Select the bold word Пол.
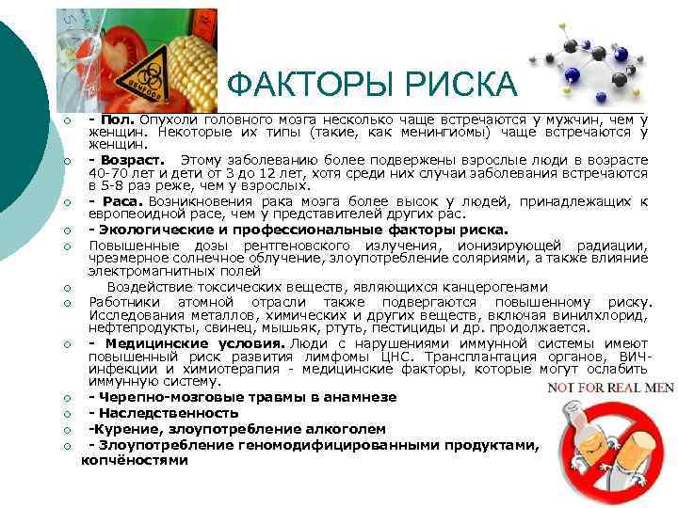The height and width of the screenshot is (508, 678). (118, 119)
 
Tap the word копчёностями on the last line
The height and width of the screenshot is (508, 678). (134, 460)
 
